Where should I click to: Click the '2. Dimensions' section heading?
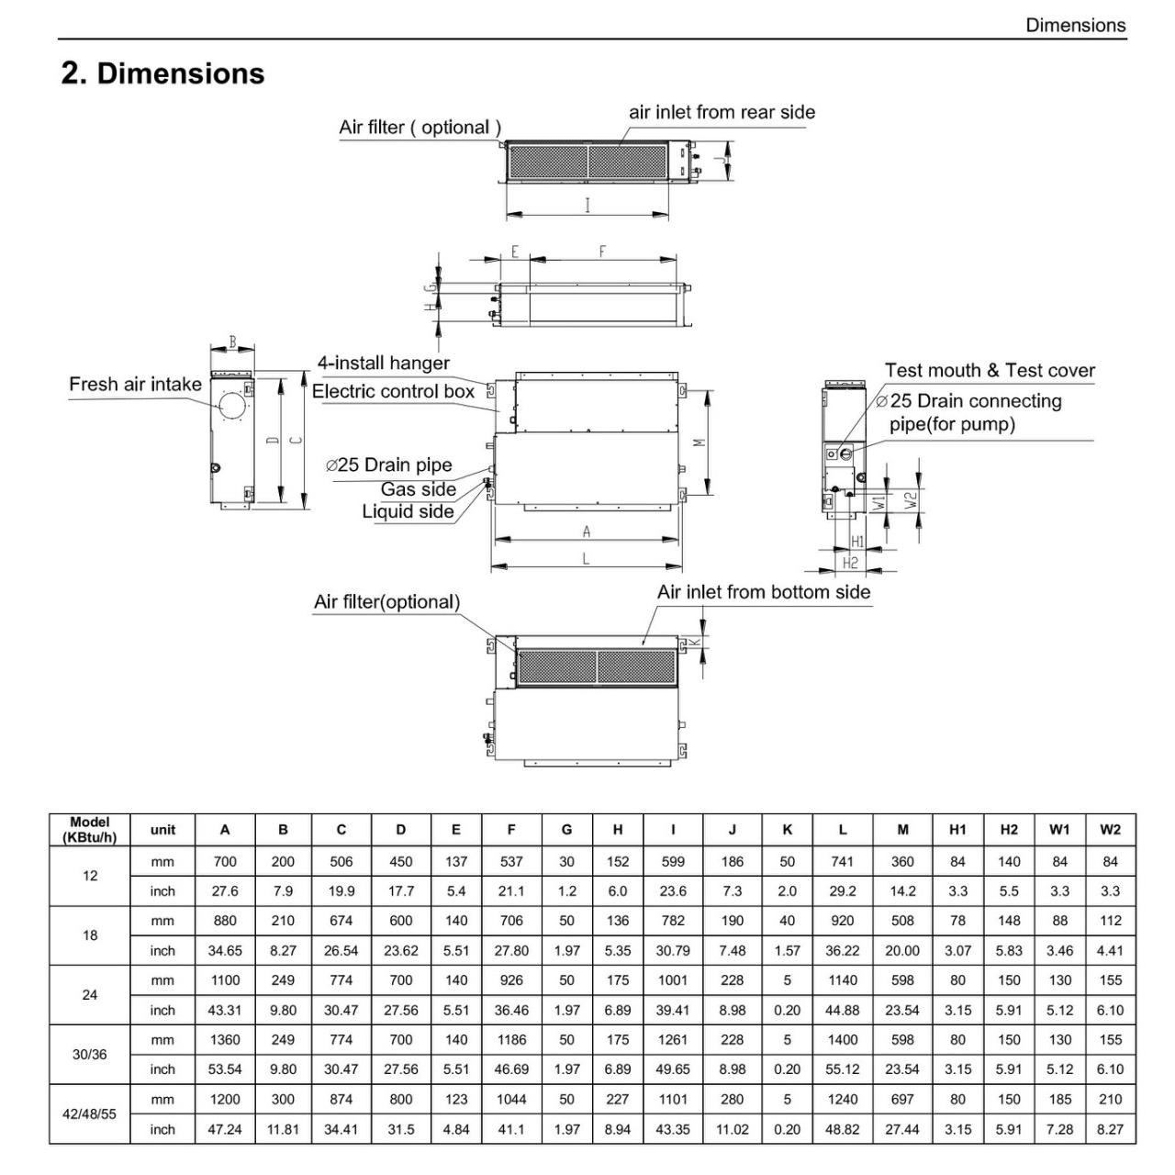pos(162,73)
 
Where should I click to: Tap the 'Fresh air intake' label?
pos(135,384)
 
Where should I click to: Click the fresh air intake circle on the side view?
pos(232,406)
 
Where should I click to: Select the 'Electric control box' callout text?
pos(393,391)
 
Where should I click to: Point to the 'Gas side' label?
pos(419,489)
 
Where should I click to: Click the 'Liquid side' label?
pos(408,511)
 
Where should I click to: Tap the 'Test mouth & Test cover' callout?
pos(990,370)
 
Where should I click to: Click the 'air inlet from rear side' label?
pos(722,112)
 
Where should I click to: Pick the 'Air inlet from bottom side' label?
pos(764,592)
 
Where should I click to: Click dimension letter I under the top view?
pos(587,206)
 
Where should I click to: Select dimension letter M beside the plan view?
pos(700,442)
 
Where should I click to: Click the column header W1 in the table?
pos(1059,829)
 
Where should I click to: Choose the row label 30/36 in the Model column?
pos(90,1054)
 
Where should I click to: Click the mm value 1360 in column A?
pos(225,1040)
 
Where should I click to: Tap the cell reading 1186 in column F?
pos(511,1040)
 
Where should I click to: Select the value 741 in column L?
pos(842,862)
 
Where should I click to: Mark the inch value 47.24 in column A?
pos(225,1129)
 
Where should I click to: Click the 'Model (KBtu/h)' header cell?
pos(90,829)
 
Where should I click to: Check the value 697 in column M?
pos(902,1100)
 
